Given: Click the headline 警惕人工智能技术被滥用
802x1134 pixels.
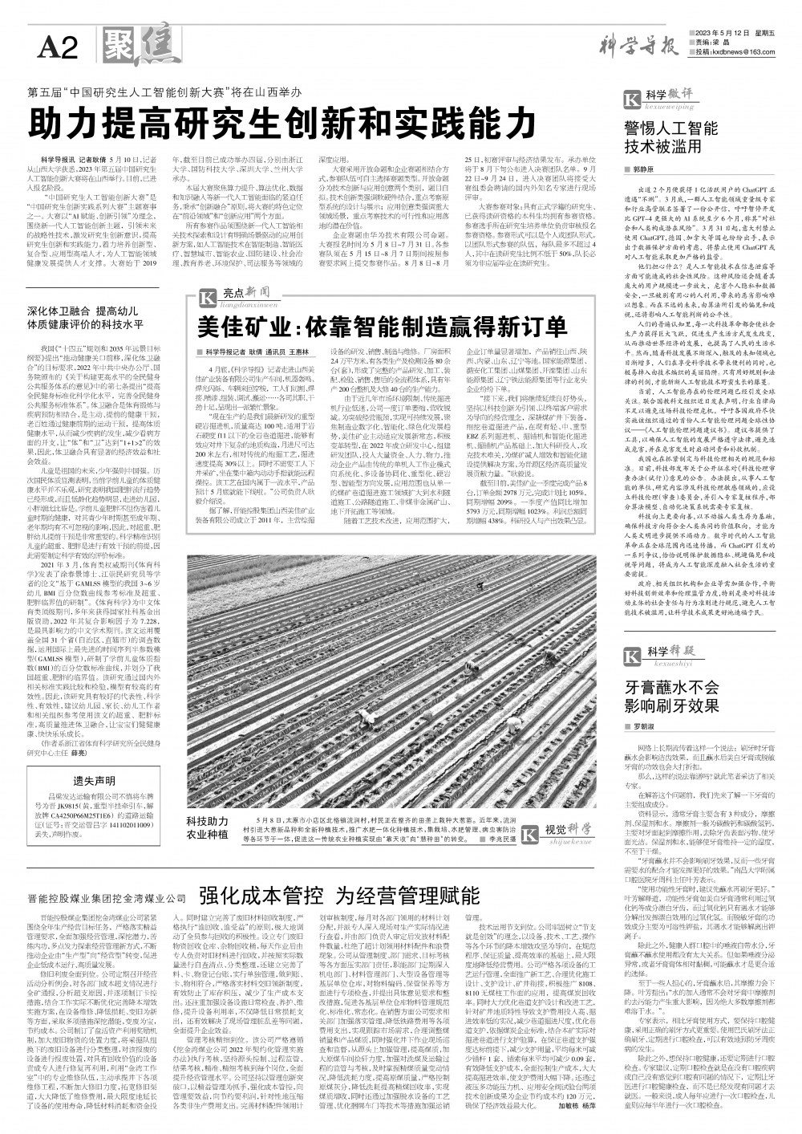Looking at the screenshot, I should tap(671, 137).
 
